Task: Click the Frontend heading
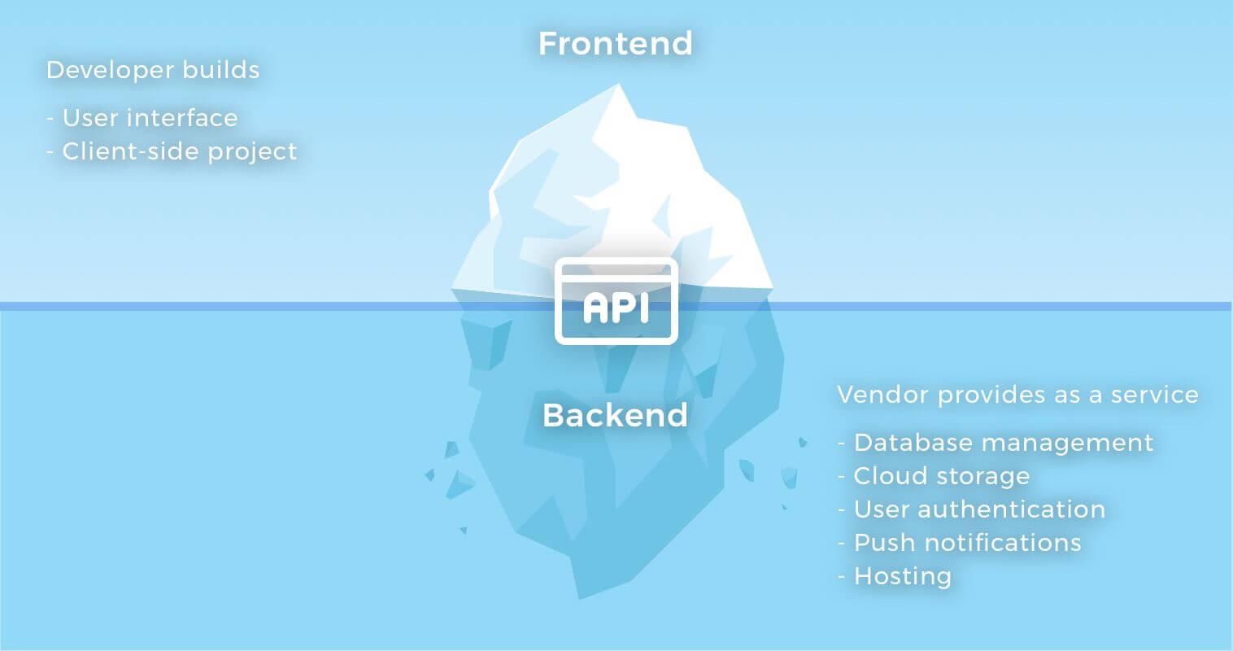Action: (x=615, y=43)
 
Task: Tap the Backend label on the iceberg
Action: (x=615, y=415)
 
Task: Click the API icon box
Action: (x=616, y=301)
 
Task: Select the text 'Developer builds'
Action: (x=153, y=71)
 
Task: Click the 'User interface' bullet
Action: (x=142, y=118)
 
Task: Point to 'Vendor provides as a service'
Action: (x=1017, y=395)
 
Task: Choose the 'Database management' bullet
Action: (x=996, y=443)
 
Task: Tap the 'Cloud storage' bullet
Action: (x=934, y=477)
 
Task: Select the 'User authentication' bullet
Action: (x=972, y=509)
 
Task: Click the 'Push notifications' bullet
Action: (x=960, y=543)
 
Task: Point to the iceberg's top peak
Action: (x=618, y=84)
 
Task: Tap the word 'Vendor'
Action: (x=883, y=395)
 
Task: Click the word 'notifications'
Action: (x=1003, y=543)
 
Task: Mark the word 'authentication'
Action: (x=1011, y=509)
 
